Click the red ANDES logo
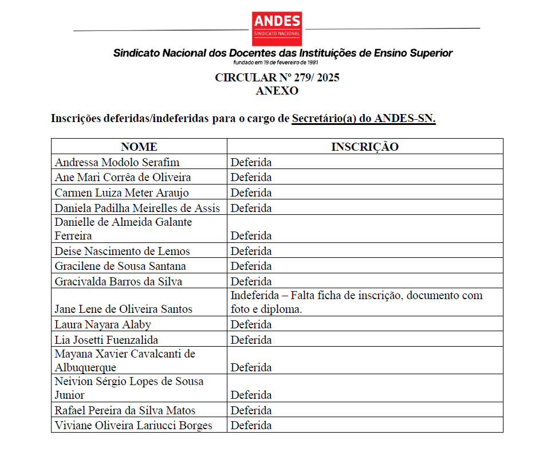[277, 29]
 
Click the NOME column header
[139, 147]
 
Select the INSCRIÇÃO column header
[365, 147]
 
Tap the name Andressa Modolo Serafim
[117, 163]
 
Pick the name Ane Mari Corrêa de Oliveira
[123, 178]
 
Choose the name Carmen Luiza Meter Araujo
[121, 193]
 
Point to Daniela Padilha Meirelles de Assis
[137, 208]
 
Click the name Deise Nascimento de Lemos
[122, 252]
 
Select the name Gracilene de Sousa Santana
[120, 266]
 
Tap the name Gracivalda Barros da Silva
[119, 282]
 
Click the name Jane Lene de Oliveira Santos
[123, 309]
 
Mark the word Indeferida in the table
[256, 296]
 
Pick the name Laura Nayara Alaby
[103, 325]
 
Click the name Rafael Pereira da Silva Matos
[125, 411]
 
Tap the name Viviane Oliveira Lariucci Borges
[133, 426]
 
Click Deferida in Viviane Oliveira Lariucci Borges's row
[251, 426]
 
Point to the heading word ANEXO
[277, 91]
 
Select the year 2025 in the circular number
[327, 78]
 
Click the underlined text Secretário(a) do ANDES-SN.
[364, 119]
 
